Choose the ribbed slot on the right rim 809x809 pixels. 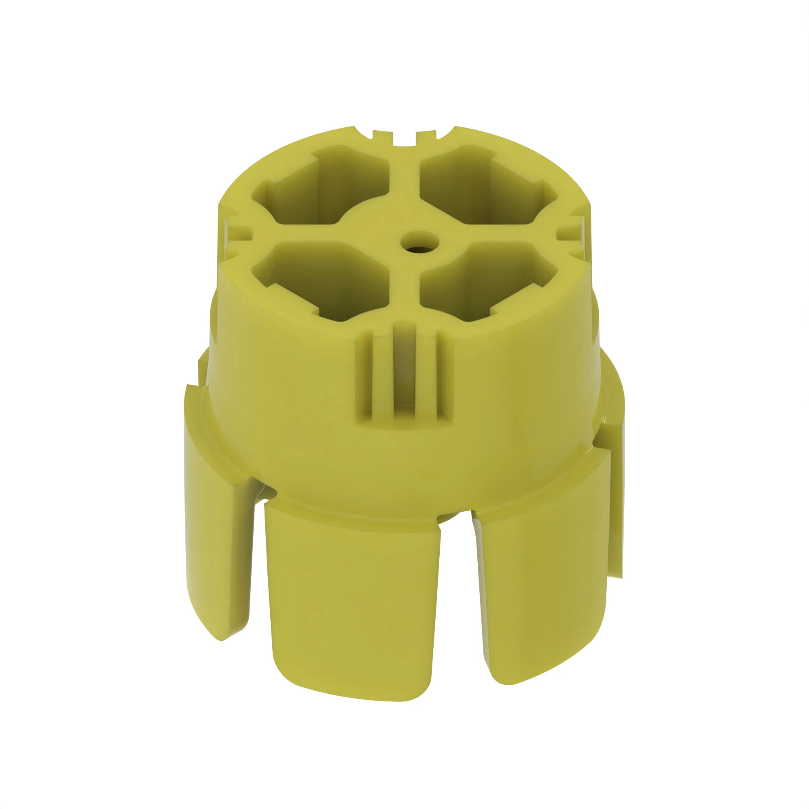574,233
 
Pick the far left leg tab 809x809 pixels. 218,544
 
